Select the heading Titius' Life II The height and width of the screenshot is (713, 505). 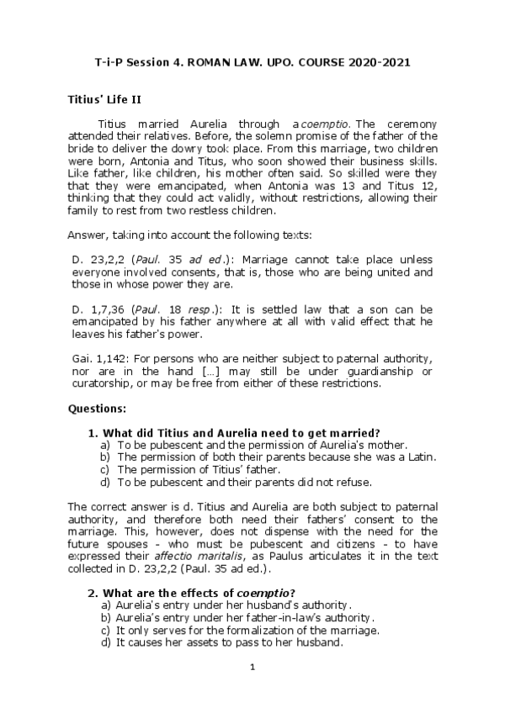[104, 98]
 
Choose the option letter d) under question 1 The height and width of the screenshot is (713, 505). [106, 483]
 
